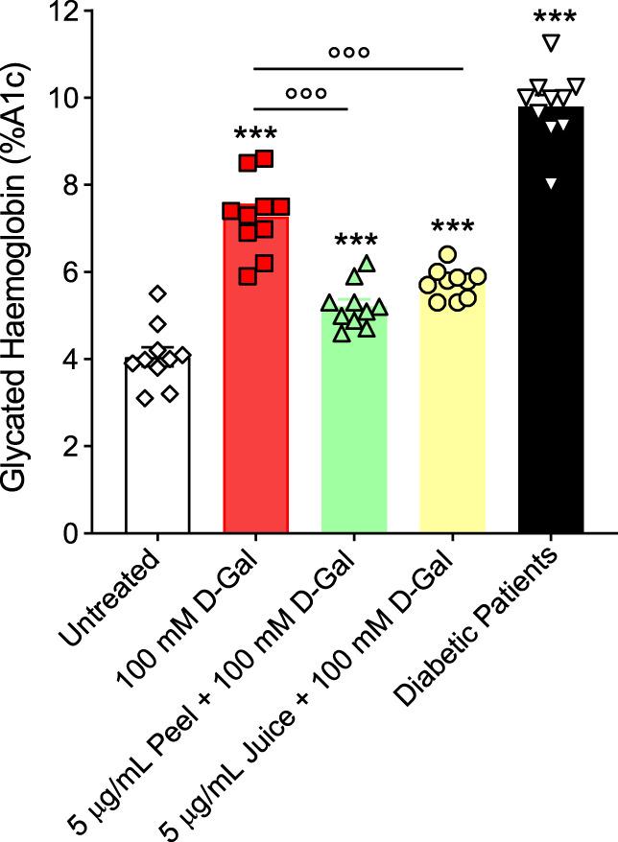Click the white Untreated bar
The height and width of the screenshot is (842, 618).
(157, 460)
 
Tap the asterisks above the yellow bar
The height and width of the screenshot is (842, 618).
(452, 228)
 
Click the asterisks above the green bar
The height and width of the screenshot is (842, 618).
(354, 243)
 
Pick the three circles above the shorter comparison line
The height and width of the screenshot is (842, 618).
(305, 94)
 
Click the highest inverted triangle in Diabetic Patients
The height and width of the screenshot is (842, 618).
(551, 41)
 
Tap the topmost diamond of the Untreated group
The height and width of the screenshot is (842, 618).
(157, 293)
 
